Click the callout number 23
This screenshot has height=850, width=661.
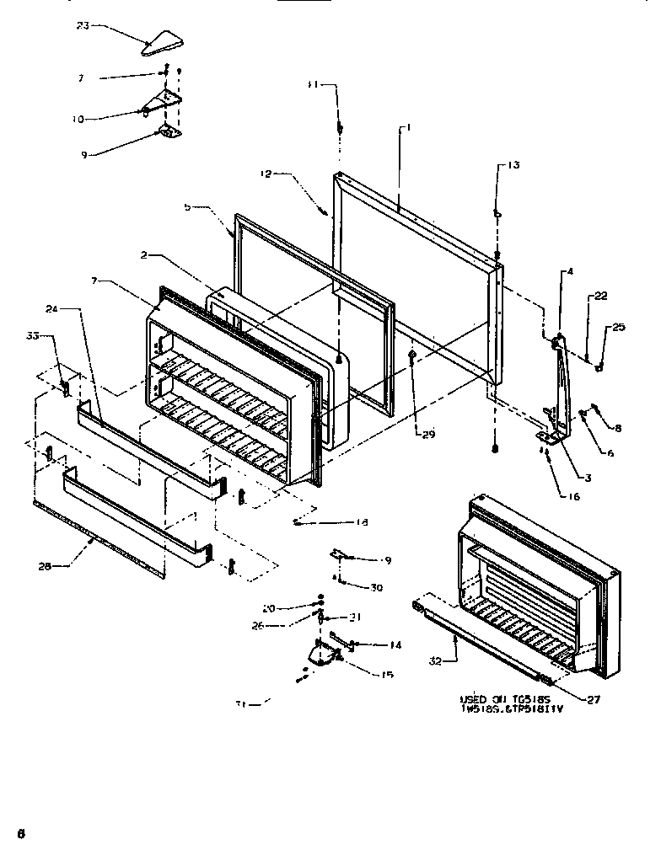pyautogui.click(x=82, y=25)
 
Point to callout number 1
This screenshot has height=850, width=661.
pyautogui.click(x=407, y=128)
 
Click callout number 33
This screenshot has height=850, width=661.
pyautogui.click(x=33, y=335)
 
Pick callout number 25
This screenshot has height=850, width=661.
pyautogui.click(x=619, y=327)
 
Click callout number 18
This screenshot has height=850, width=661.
pyautogui.click(x=362, y=522)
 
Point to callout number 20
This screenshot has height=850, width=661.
pyautogui.click(x=268, y=607)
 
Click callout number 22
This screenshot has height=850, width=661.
pyautogui.click(x=600, y=296)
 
